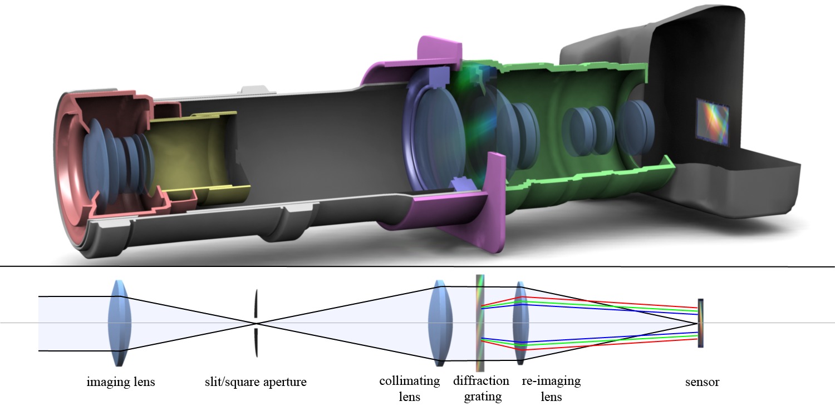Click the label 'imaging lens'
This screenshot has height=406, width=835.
point(121,382)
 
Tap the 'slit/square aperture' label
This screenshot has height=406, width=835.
point(256,382)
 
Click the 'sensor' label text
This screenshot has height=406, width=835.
point(701,382)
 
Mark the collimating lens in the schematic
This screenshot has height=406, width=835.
point(438,323)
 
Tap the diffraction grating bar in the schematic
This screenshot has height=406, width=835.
point(480,323)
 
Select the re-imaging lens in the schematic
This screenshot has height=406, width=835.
point(520,323)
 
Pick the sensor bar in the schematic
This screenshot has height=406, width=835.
point(701,323)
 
